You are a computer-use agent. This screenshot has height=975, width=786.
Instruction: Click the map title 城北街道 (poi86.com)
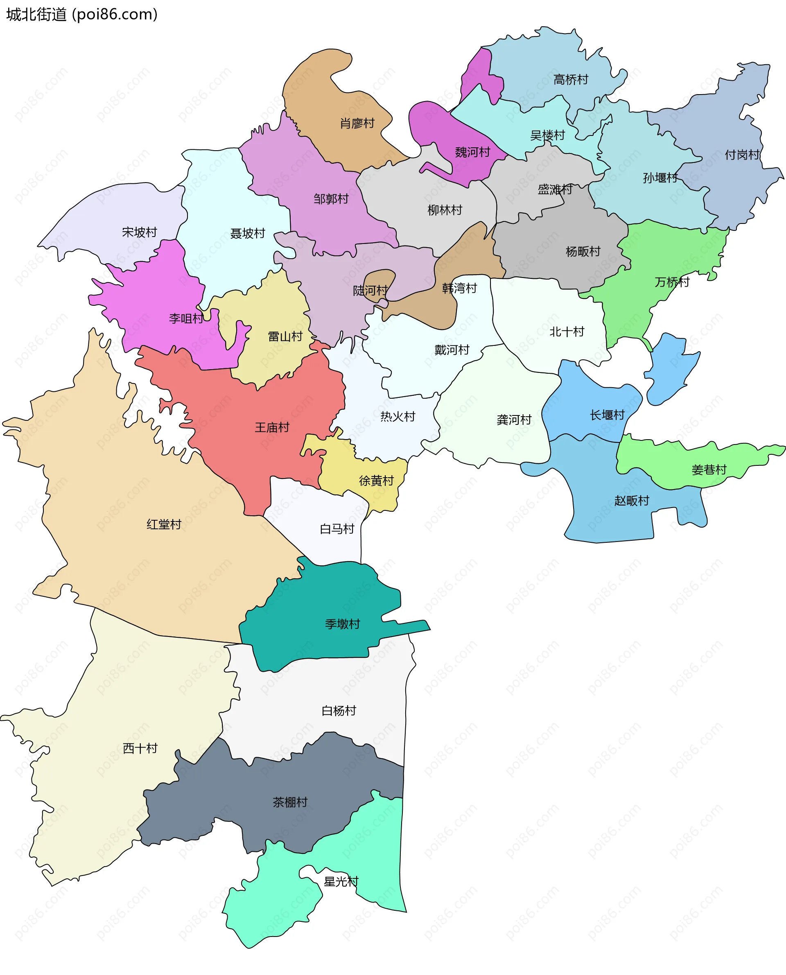pos(82,14)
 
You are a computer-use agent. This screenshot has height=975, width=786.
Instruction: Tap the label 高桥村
pos(571,80)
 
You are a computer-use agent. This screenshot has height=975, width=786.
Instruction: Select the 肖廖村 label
pos(357,123)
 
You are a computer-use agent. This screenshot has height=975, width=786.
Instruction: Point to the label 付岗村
pos(742,155)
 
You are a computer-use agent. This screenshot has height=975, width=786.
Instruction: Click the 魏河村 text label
pos(472,152)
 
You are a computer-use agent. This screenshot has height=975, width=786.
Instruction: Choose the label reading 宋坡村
pos(140,232)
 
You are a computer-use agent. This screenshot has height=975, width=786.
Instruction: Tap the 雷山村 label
pos(285,336)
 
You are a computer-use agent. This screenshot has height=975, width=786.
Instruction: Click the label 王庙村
pos(272,427)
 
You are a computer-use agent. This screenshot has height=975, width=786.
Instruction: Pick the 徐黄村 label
pos(376,481)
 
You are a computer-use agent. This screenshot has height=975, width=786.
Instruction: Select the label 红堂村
pos(164,524)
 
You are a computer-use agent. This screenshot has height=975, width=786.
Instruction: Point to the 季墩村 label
pos(342,624)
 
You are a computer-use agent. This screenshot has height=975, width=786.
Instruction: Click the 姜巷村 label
pos(709,470)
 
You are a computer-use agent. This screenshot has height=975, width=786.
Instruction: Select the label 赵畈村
pos(632,501)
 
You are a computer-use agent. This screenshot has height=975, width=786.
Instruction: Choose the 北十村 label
pos(567,332)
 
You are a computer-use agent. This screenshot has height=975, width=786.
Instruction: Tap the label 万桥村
pos(672,282)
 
